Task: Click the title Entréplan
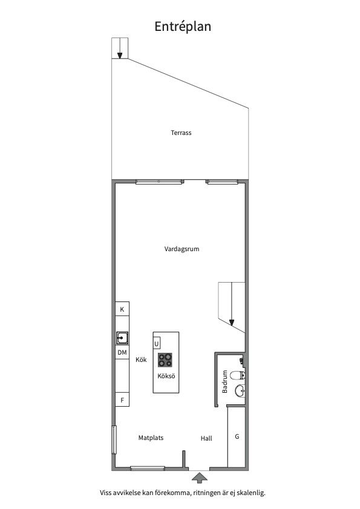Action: tap(183, 27)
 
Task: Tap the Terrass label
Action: tap(181, 133)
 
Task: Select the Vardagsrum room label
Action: tap(182, 249)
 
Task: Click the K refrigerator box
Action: tap(122, 309)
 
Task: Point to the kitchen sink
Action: tap(122, 338)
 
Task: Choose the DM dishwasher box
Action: tap(122, 352)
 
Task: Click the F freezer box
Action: tap(122, 400)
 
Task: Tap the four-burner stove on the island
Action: tap(165, 360)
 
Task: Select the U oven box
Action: tap(157, 343)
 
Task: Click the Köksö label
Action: tap(166, 376)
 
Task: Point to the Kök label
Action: tap(141, 360)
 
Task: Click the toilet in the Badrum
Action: tap(237, 376)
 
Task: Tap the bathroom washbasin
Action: tap(240, 390)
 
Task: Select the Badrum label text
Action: tap(224, 382)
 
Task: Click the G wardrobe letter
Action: tap(237, 436)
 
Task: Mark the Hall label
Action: tap(206, 439)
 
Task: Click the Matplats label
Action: tap(151, 438)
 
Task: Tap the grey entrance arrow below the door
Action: tap(199, 478)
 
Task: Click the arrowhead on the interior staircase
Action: tap(232, 323)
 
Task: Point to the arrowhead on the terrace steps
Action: tap(120, 56)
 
